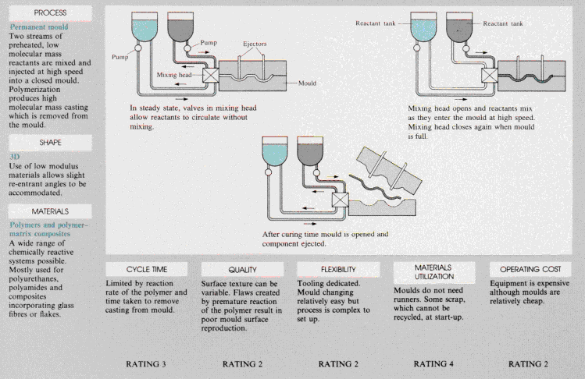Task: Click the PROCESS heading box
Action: (50, 13)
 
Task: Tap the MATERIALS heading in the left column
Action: (50, 211)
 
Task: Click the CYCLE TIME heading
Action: (148, 268)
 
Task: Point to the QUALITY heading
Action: (243, 268)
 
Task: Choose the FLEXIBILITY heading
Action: (338, 268)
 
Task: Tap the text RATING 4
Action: (434, 363)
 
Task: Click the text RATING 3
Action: (148, 363)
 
